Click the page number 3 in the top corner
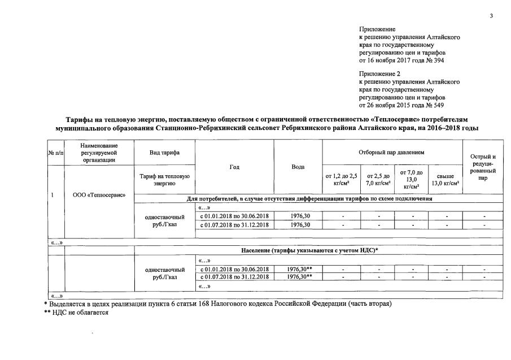point(491,16)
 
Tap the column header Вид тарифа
point(164,153)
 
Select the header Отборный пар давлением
point(391,153)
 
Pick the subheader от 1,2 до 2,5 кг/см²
point(342,179)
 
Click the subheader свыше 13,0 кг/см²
point(445,179)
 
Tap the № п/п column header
point(56,153)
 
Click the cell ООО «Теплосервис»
point(99,196)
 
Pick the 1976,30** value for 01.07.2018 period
point(300,277)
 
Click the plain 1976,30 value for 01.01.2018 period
point(298,216)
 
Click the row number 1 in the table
point(53,196)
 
